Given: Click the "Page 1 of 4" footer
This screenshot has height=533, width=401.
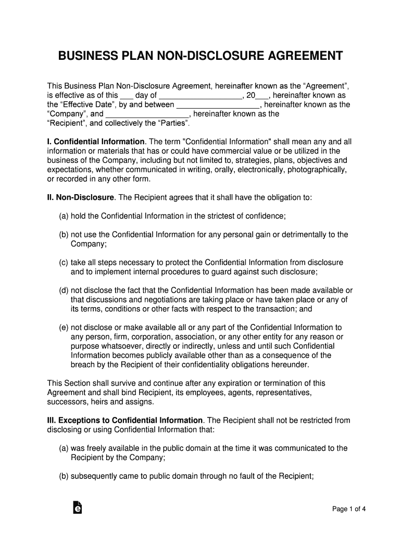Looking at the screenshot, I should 349,509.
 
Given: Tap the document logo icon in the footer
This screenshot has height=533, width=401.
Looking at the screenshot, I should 77,508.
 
